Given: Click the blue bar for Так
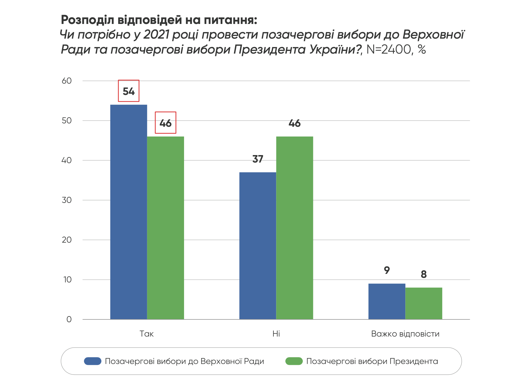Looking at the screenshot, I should [x=129, y=212].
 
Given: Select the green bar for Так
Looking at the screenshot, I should [x=165, y=228].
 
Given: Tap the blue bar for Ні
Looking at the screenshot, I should [x=258, y=246].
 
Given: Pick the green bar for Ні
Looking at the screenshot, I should [x=294, y=228].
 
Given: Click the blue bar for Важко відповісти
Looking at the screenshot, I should [x=387, y=301].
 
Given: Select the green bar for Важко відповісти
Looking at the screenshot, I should [x=424, y=303].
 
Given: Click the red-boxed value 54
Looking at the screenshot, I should [x=129, y=91].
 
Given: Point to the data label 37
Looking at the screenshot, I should [x=258, y=159].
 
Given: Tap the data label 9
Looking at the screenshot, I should [x=387, y=270].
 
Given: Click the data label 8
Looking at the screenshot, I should [x=424, y=274].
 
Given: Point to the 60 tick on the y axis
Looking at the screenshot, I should [x=67, y=81].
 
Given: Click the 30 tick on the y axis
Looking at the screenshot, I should [x=67, y=200].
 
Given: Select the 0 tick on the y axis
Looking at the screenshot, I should [x=69, y=319].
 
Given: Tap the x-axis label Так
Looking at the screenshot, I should [x=147, y=334].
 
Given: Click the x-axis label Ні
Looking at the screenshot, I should [x=276, y=334].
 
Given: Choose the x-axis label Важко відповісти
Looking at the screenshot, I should [x=405, y=334].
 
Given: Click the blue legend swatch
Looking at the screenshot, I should [x=93, y=361].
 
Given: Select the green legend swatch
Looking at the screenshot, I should [x=294, y=361].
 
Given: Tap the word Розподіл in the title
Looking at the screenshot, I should [x=87, y=20].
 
